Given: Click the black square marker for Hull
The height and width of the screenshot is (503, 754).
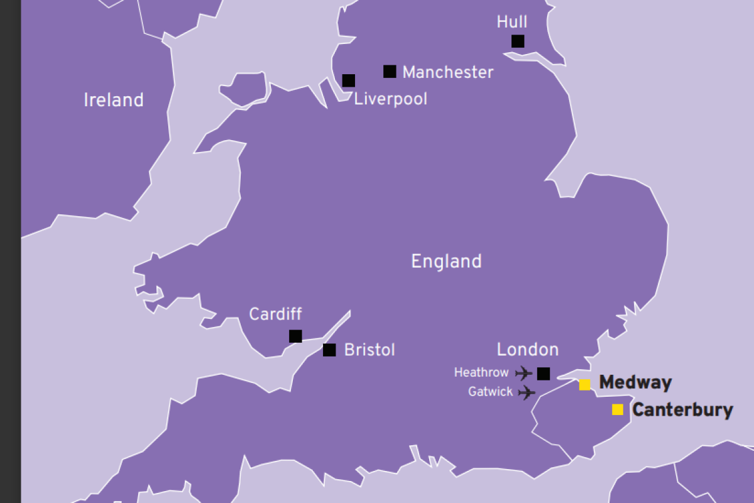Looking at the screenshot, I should pyautogui.click(x=518, y=41).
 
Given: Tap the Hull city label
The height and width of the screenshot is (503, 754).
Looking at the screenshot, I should pyautogui.click(x=511, y=22).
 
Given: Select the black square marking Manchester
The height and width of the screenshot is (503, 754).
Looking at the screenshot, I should pyautogui.click(x=390, y=72).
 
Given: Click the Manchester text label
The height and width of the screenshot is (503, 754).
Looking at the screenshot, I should pyautogui.click(x=447, y=72).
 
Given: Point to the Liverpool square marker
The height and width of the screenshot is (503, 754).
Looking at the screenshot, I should pyautogui.click(x=349, y=80).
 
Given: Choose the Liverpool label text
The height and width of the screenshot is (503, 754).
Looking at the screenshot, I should pyautogui.click(x=390, y=99).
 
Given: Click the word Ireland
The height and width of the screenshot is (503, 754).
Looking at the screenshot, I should pyautogui.click(x=114, y=100).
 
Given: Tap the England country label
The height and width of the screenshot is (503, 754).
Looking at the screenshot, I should pyautogui.click(x=446, y=261).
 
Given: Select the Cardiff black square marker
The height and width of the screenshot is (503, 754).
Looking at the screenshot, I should pyautogui.click(x=295, y=336).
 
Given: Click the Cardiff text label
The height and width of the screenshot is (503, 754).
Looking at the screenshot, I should pyautogui.click(x=275, y=314).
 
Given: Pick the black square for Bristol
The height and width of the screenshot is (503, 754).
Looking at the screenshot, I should pyautogui.click(x=329, y=350).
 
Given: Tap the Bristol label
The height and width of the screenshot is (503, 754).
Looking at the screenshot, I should pyautogui.click(x=369, y=350).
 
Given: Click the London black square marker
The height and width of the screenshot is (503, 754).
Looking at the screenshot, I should pyautogui.click(x=544, y=374).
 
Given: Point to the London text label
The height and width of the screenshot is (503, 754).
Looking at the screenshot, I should pyautogui.click(x=527, y=350).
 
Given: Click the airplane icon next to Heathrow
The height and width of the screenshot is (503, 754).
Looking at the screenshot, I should pyautogui.click(x=523, y=373).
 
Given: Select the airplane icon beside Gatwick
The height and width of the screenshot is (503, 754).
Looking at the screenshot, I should pyautogui.click(x=527, y=393).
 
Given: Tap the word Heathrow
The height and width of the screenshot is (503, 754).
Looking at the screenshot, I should pyautogui.click(x=481, y=373).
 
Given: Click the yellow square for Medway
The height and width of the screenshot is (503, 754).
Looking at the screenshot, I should pyautogui.click(x=585, y=385).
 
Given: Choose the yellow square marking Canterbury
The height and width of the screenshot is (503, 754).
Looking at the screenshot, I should pyautogui.click(x=618, y=410).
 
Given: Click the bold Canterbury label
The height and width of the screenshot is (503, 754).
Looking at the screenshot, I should pyautogui.click(x=682, y=411).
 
